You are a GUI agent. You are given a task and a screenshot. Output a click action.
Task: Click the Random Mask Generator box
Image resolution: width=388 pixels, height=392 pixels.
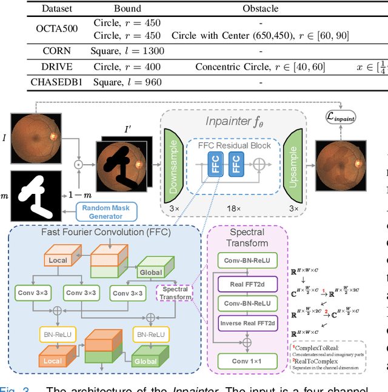pos(106,211)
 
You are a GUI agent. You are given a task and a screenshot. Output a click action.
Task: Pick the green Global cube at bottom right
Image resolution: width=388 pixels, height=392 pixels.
pos(149,357)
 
